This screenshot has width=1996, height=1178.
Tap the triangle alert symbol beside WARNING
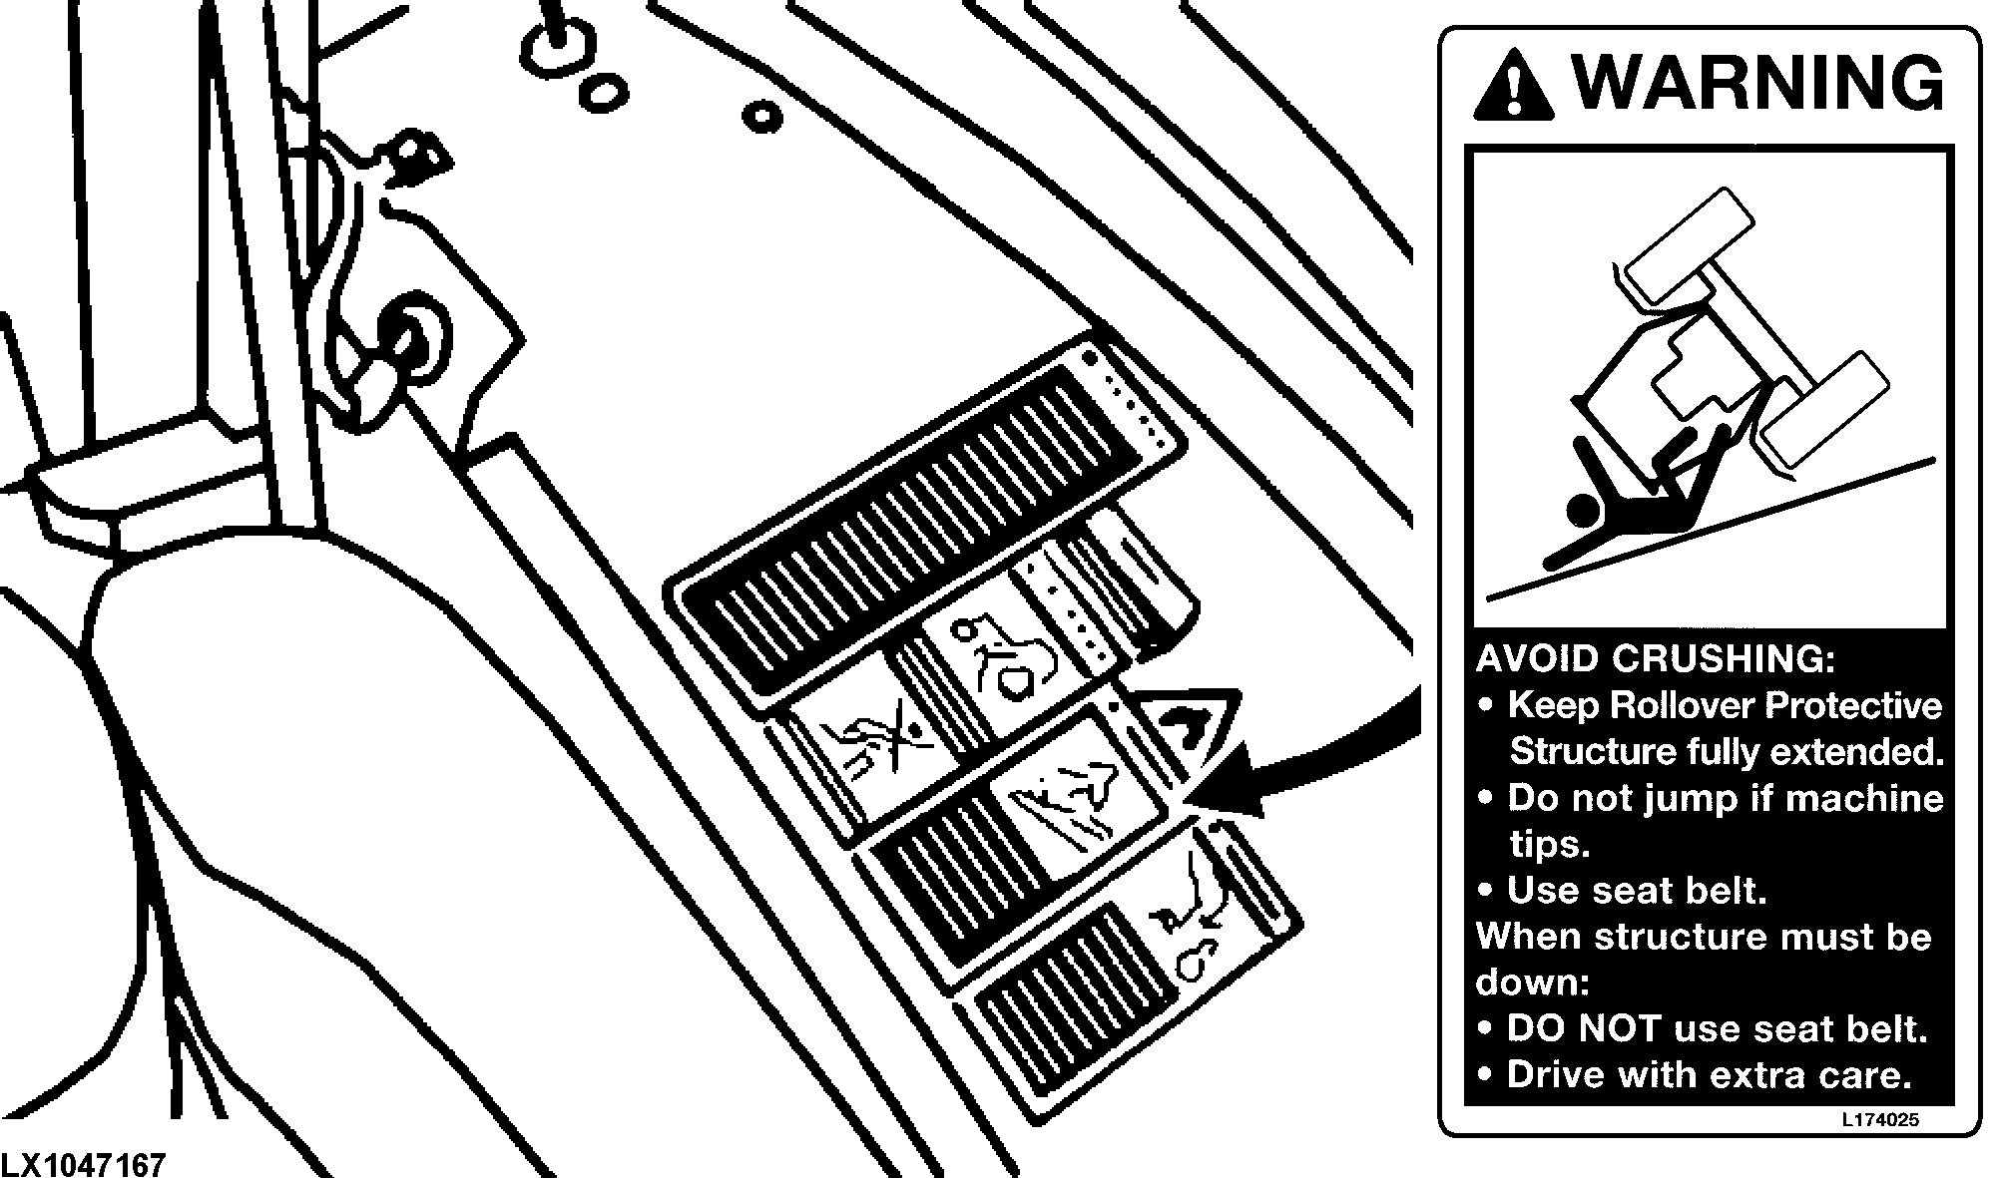coord(1513,83)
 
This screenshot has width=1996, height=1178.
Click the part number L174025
coord(1880,1119)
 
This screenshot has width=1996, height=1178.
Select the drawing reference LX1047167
coord(84,1164)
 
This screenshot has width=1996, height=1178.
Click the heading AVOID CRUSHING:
coord(1655,658)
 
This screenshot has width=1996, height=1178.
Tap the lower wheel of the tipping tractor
coord(1823,410)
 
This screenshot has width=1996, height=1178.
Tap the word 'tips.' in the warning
coord(1549,845)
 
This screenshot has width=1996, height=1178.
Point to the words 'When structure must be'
coord(1704,937)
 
